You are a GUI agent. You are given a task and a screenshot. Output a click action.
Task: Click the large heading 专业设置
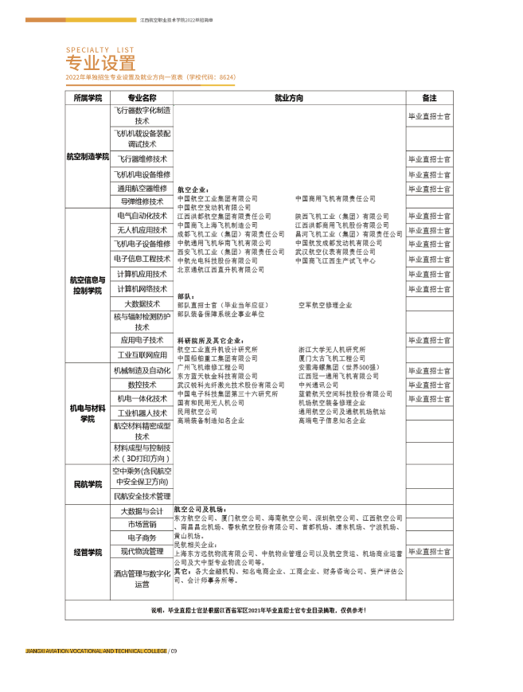point(100,64)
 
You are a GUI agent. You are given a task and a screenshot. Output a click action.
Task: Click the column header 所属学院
point(88,98)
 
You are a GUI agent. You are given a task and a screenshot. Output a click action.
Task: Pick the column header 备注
point(429,98)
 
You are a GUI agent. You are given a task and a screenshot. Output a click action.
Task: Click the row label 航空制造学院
point(88,157)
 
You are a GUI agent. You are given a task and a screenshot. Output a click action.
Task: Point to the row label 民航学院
point(88,484)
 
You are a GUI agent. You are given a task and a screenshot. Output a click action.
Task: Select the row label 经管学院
point(88,552)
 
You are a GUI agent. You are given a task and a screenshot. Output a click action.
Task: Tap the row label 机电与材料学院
point(88,413)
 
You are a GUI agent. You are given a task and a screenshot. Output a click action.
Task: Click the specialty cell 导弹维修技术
point(142,202)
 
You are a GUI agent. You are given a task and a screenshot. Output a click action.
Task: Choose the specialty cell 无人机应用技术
point(142,229)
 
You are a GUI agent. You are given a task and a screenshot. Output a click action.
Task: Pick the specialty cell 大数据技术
point(142,304)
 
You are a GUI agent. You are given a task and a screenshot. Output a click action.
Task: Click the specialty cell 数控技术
point(142,385)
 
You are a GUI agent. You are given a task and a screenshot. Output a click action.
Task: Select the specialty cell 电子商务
point(142,538)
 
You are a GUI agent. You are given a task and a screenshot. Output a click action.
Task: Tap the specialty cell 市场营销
point(142,524)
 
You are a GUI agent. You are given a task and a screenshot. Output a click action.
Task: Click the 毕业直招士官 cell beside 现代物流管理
point(429,551)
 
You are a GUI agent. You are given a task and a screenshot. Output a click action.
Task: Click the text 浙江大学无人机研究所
point(332,349)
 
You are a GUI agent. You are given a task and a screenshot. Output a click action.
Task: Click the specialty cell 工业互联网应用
point(142,355)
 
